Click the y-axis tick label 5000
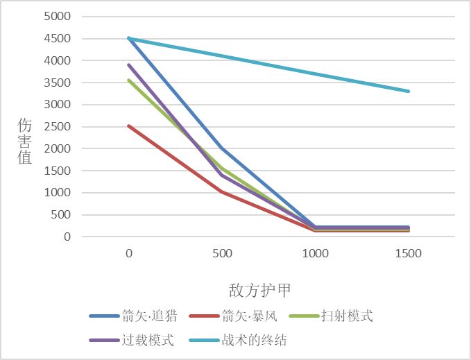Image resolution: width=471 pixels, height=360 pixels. pyautogui.click(x=58, y=16)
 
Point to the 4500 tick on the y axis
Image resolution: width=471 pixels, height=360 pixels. pyautogui.click(x=58, y=38)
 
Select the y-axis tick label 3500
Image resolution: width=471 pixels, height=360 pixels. pyautogui.click(x=58, y=82)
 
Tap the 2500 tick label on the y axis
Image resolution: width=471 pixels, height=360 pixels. pyautogui.click(x=58, y=126)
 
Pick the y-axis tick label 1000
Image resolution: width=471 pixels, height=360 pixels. pyautogui.click(x=58, y=192)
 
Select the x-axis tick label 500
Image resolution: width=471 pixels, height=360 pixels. pyautogui.click(x=222, y=254)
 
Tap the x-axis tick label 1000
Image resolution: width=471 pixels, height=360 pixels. pyautogui.click(x=315, y=254)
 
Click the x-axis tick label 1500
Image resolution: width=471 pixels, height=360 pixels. pyautogui.click(x=408, y=254)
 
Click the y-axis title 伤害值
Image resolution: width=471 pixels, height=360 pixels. pyautogui.click(x=25, y=141)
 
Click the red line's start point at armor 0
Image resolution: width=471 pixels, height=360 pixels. pyautogui.click(x=129, y=126)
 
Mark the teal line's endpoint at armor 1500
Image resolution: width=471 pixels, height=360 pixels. pyautogui.click(x=408, y=91)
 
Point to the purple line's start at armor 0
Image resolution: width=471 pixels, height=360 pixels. pyautogui.click(x=129, y=65)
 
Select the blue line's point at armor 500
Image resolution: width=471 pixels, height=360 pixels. pyautogui.click(x=222, y=148)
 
